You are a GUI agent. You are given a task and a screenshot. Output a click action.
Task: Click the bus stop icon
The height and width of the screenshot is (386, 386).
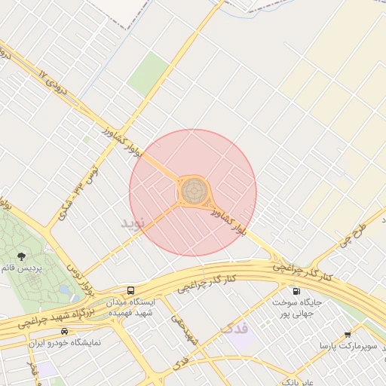coord(132,290)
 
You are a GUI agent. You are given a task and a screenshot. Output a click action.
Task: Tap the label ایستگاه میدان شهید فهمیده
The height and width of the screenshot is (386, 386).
coord(132,307)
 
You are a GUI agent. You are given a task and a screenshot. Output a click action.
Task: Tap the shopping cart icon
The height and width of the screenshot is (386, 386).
coord(347,334)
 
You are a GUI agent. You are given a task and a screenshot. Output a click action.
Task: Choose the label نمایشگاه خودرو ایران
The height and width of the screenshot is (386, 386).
coord(64,343)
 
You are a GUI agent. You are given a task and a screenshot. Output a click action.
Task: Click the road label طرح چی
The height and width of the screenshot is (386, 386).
coord(351,233)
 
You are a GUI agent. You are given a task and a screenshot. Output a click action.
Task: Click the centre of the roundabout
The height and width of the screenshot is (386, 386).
coord(194,191)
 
